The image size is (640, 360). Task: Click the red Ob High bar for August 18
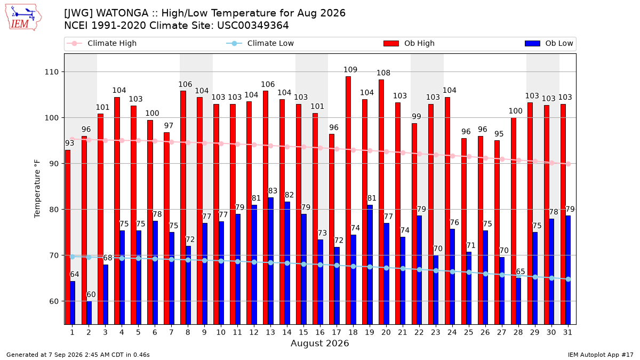348,201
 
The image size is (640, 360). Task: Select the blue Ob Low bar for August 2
89,313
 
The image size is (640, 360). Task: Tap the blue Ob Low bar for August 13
270,261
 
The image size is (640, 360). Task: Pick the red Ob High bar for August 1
68,237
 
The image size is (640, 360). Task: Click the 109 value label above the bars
350,70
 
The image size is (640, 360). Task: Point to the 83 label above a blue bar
273,190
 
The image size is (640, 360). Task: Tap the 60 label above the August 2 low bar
91,294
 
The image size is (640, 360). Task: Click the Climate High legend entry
101,43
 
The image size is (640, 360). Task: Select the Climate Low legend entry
260,43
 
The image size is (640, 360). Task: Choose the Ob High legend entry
409,43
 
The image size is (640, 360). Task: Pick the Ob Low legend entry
549,43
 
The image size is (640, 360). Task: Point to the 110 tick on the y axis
51,72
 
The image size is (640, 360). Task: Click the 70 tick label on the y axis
54,255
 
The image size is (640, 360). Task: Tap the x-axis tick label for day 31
567,332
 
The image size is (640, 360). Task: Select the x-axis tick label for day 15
303,332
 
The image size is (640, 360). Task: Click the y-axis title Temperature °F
37,189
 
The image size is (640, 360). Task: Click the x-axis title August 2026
319,343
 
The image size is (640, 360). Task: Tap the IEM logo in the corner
23,18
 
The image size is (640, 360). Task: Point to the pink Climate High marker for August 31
569,164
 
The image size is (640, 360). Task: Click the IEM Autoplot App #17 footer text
601,355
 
